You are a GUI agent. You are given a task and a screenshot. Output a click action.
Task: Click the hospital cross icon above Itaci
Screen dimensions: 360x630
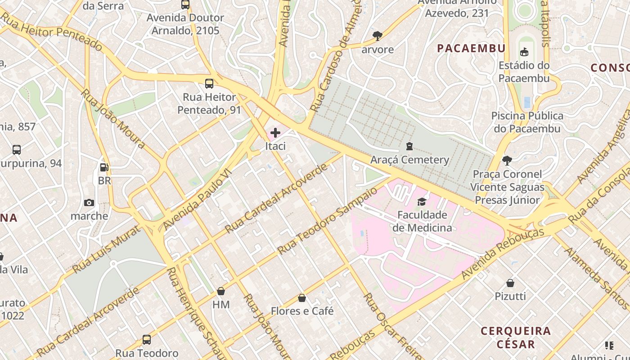275,133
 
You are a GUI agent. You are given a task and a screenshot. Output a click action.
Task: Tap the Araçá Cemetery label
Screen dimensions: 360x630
409,160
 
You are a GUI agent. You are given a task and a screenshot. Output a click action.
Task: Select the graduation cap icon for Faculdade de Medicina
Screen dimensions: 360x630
422,201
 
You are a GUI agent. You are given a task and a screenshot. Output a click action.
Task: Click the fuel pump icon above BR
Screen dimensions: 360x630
104,167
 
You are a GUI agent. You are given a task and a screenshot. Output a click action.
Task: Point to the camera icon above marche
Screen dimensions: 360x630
89,202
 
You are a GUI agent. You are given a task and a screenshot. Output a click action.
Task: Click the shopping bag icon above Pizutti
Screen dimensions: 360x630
510,283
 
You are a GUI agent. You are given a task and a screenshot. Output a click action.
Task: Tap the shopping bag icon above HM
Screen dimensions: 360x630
220,291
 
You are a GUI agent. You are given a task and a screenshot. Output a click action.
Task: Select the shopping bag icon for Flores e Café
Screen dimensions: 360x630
302,298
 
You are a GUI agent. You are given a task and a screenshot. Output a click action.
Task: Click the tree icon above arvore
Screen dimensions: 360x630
378,36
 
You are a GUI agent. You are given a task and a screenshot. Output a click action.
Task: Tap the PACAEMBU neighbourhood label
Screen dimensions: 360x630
471,48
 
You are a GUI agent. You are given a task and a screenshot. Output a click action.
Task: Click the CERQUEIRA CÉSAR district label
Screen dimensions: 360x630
516,337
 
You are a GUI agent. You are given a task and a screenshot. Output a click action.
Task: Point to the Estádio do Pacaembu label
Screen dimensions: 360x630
524,72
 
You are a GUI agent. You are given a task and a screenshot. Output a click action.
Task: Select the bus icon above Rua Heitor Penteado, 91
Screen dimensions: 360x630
209,83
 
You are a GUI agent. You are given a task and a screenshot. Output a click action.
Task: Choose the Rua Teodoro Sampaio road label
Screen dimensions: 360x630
327,221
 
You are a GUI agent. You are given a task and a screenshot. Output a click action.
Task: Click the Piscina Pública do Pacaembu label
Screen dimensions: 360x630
527,122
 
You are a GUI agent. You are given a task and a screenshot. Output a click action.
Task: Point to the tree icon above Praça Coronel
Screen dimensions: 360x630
507,161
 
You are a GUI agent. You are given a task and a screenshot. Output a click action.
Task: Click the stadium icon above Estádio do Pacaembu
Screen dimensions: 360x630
524,52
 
